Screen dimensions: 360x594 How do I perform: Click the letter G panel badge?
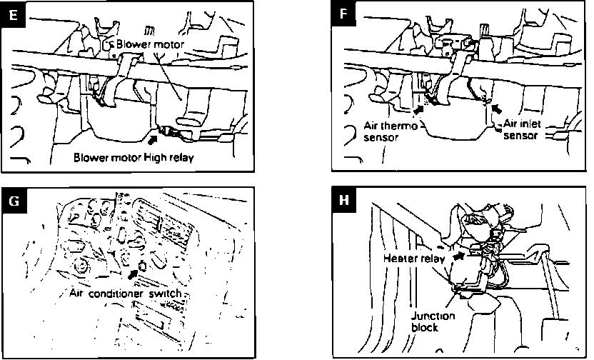click(14, 201)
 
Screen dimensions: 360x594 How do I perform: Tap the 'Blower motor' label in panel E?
click(150, 44)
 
